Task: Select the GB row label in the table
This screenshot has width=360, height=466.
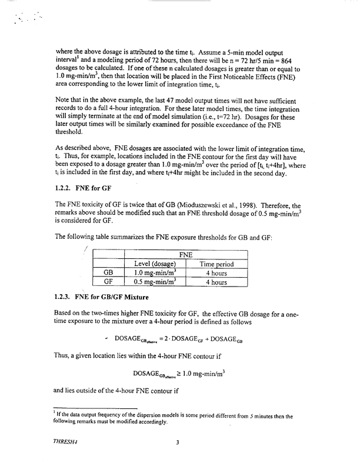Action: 109,273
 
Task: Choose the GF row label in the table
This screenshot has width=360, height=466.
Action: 109,282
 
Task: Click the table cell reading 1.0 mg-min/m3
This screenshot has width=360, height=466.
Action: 155,273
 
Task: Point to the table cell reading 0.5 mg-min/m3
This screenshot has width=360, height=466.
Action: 155,282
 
